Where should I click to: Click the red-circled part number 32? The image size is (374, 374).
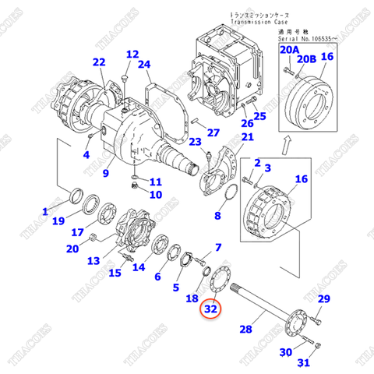[x=210, y=309]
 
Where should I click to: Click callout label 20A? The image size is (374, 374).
[x=289, y=51]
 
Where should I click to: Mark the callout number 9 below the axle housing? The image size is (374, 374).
[x=107, y=164]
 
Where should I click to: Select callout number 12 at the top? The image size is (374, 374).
[x=132, y=55]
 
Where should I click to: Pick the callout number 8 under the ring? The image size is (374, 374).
[x=218, y=216]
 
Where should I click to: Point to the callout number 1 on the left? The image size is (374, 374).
[x=45, y=211]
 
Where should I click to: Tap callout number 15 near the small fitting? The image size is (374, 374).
[x=115, y=273]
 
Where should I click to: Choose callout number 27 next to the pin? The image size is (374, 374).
[x=213, y=132]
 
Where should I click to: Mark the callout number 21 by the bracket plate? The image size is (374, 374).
[x=247, y=138]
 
